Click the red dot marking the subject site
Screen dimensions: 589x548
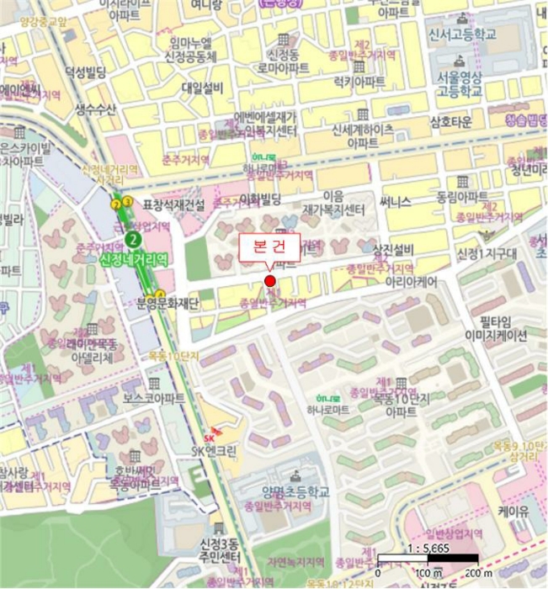point(270,281)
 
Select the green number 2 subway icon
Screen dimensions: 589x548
point(130,238)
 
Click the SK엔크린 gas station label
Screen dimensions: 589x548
point(214,451)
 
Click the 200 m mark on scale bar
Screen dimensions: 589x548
point(477,573)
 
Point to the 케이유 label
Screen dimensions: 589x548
point(512,510)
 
